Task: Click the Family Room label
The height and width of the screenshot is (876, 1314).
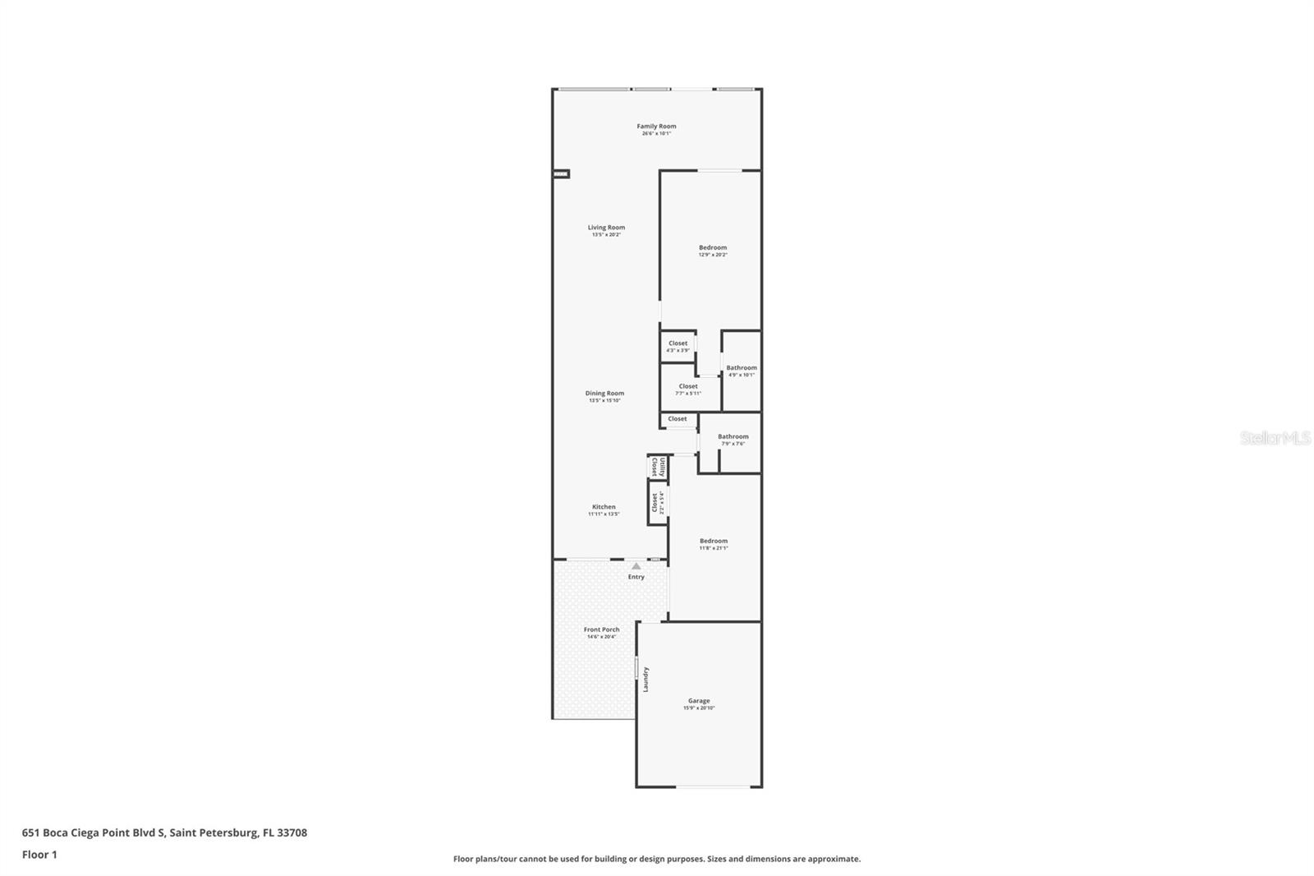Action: click(x=656, y=127)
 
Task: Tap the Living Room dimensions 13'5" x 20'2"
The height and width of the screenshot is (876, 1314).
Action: click(x=606, y=235)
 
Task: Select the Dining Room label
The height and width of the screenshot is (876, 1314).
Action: click(x=604, y=394)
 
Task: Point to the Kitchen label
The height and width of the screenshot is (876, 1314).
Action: click(x=604, y=507)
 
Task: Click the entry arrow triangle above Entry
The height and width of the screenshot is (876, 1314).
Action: click(x=636, y=566)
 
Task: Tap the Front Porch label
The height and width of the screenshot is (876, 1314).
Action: click(x=602, y=629)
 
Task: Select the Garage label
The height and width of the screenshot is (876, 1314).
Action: click(x=699, y=701)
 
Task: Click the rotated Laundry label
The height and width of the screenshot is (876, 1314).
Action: click(x=646, y=679)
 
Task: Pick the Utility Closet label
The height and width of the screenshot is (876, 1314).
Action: click(x=659, y=468)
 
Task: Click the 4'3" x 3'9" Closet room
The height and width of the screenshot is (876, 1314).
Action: click(x=678, y=346)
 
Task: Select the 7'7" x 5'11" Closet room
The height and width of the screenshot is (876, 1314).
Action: click(x=688, y=389)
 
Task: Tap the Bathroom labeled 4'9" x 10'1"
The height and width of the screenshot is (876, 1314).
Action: click(x=742, y=371)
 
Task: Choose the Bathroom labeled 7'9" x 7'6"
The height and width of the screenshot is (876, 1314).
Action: click(x=733, y=440)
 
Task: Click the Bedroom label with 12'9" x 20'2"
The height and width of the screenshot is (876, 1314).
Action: click(x=713, y=247)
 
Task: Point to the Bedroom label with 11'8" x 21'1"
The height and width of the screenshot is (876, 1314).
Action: click(x=714, y=541)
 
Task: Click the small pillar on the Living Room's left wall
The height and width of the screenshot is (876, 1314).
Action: click(x=561, y=174)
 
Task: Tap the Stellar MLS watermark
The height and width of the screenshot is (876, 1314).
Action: click(x=1275, y=439)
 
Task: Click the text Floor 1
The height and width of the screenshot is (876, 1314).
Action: click(x=39, y=855)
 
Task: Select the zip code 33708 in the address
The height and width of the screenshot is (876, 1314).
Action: click(x=292, y=832)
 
